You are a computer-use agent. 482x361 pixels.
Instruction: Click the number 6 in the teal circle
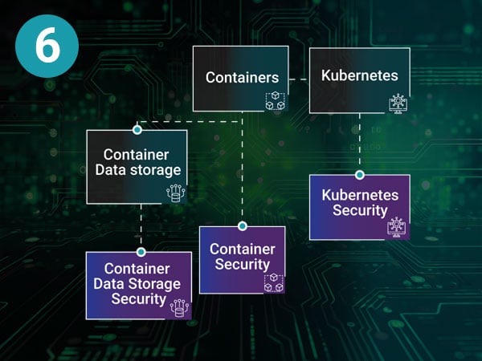pyautogui.click(x=47, y=47)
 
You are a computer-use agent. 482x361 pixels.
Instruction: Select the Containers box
pyautogui.click(x=240, y=78)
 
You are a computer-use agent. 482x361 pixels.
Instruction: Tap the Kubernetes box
pyautogui.click(x=359, y=76)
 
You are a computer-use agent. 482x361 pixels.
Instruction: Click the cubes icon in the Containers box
pyautogui.click(x=276, y=102)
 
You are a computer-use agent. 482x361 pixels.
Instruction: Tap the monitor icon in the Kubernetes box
pyautogui.click(x=397, y=102)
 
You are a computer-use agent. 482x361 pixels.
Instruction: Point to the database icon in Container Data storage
pyautogui.click(x=175, y=193)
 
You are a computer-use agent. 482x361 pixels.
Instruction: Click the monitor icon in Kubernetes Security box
pyautogui.click(x=397, y=227)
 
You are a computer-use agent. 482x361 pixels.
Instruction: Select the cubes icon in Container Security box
pyautogui.click(x=274, y=282)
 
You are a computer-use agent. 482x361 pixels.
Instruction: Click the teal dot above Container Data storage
pyautogui.click(x=137, y=129)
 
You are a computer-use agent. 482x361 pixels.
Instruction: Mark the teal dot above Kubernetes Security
pyautogui.click(x=359, y=174)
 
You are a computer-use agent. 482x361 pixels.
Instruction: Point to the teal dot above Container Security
pyautogui.click(x=242, y=226)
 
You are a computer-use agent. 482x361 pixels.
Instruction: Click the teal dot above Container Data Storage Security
pyautogui.click(x=141, y=251)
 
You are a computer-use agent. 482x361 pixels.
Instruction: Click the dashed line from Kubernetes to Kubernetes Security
pyautogui.click(x=359, y=144)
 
